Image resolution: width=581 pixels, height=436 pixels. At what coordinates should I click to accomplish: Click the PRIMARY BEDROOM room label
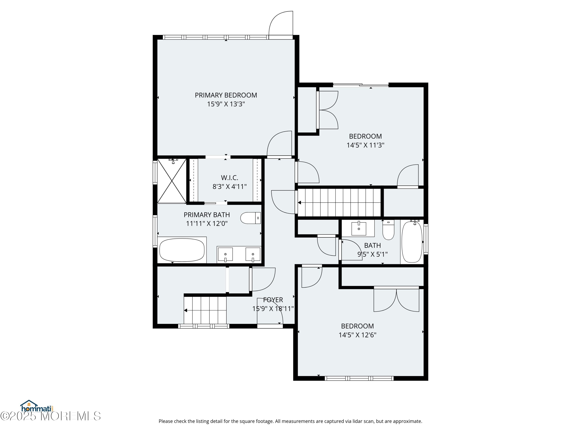226,95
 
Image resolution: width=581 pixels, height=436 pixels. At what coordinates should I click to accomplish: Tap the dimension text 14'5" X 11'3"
365,145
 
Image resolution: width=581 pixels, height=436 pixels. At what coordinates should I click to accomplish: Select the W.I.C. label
229,178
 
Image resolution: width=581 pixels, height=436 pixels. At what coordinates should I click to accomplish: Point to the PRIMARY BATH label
207,215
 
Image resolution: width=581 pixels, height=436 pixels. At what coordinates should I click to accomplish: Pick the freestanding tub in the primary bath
182,250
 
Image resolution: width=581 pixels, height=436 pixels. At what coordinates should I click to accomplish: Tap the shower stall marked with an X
172,181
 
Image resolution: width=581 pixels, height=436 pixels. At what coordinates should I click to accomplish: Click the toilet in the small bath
388,230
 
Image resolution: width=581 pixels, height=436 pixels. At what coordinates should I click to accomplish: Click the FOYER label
273,300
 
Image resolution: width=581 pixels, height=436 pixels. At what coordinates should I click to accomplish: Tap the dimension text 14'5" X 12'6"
358,335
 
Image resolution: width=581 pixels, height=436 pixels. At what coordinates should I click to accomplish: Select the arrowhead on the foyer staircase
186,310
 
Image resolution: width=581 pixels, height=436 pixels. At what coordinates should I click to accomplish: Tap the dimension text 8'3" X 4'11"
229,187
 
